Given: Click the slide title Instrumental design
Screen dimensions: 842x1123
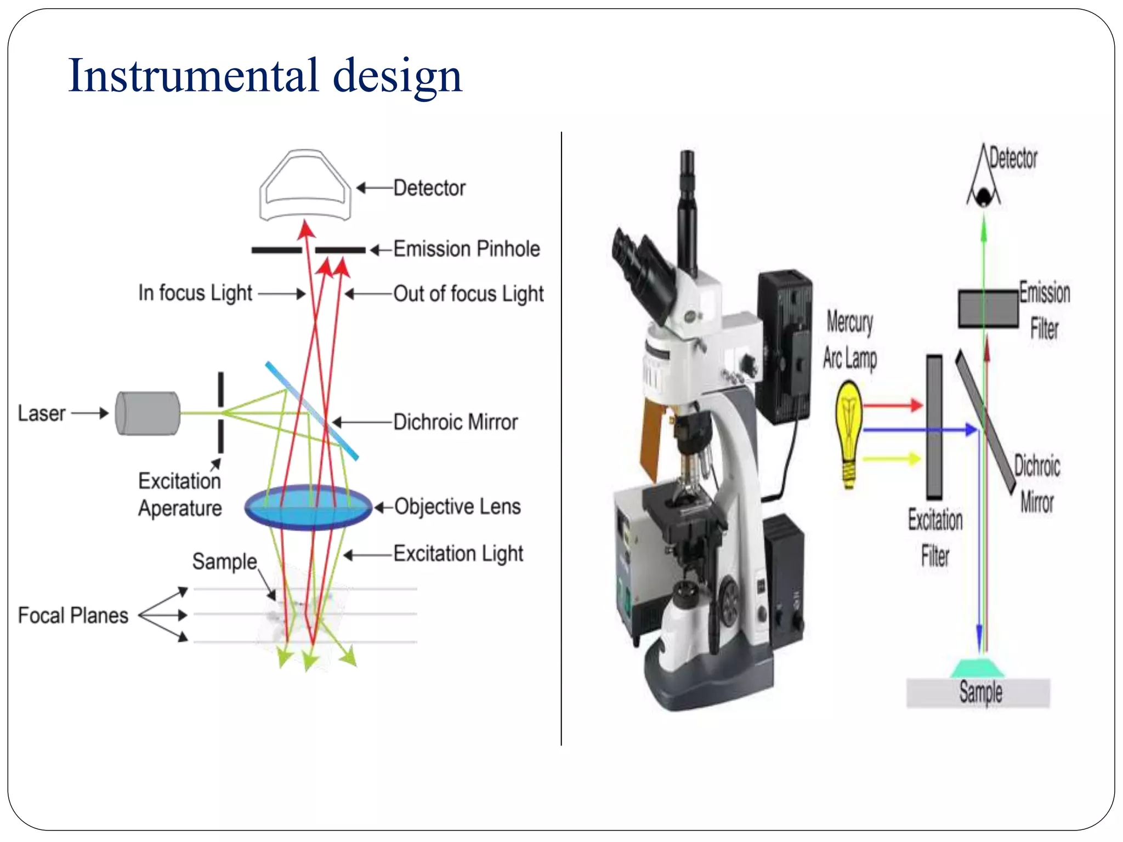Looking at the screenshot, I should coord(265,76).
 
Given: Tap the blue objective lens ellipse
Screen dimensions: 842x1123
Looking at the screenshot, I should coord(308,507).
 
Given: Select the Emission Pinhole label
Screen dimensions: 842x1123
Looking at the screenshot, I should coord(466,249).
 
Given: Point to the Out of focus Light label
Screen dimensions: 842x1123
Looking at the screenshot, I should coord(468,294).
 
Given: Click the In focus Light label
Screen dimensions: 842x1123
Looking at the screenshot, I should coord(195,293).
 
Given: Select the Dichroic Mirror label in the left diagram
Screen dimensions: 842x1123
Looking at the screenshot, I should coord(455,422).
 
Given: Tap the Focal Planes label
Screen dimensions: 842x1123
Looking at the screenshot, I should coord(73,616).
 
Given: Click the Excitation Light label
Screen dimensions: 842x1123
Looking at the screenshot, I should coord(458,554).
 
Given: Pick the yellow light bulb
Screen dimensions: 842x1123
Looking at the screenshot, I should coord(849,428).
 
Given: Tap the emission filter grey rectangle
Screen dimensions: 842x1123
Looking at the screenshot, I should coord(988,309).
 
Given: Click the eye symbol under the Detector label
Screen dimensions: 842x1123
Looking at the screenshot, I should coord(984,194).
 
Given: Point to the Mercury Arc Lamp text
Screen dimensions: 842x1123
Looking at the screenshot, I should coord(849,340).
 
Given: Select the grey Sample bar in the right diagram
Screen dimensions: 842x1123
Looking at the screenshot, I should coord(978,693).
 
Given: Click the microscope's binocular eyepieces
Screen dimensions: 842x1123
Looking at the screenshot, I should coord(642,269).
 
